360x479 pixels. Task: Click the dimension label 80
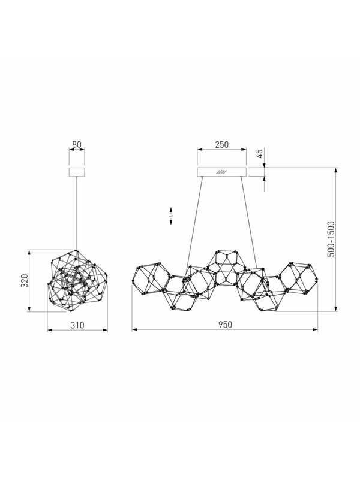tap(77, 144)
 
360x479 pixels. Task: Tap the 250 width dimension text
tap(221, 144)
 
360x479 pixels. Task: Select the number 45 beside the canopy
tap(259, 153)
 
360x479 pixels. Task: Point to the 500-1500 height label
tap(331, 239)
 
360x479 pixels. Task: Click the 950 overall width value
tap(226, 324)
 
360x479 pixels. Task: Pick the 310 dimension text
tap(77, 325)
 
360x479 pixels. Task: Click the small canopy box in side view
tap(77, 172)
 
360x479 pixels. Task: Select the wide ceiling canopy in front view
tap(221, 172)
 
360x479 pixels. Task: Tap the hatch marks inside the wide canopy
tap(221, 172)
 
